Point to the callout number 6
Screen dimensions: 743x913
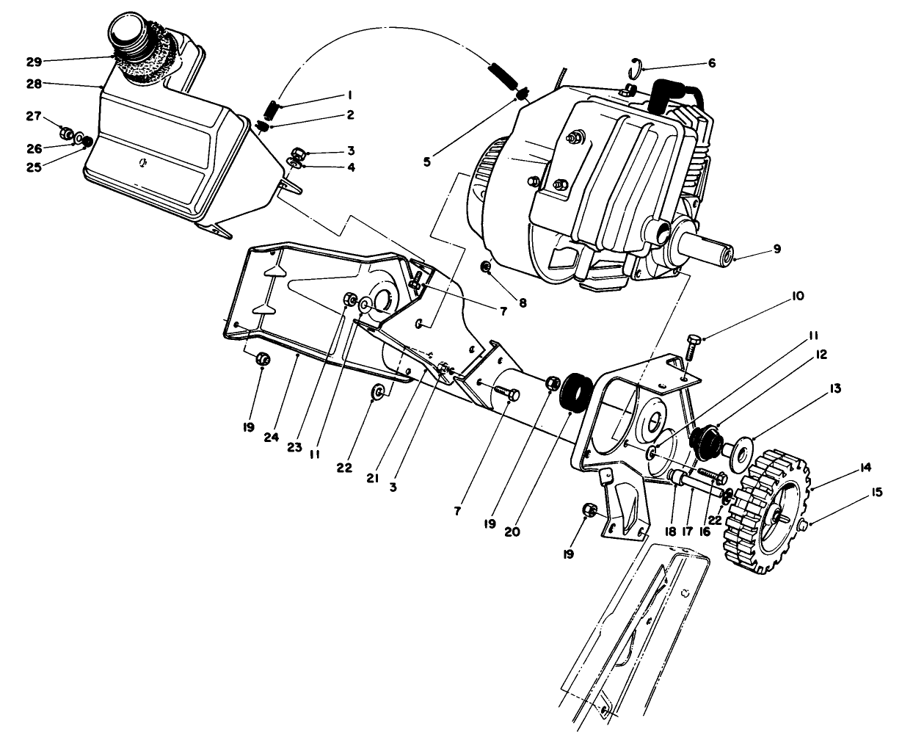[711, 63]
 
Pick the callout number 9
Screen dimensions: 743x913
[776, 249]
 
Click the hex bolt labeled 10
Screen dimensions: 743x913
[694, 345]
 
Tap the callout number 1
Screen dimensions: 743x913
[349, 95]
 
